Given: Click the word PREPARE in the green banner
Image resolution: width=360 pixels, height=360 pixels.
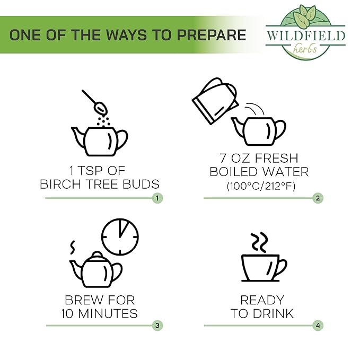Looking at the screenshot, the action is [x=211, y=35].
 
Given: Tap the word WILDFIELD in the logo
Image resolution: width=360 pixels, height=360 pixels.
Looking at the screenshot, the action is [x=306, y=36].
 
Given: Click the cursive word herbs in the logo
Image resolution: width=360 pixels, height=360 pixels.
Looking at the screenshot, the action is [x=305, y=48].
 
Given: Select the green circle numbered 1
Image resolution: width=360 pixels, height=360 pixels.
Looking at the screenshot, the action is [x=157, y=198].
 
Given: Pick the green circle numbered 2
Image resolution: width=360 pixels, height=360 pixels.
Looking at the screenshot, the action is [x=318, y=198].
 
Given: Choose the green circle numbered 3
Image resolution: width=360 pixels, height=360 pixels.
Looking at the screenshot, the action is [x=157, y=326].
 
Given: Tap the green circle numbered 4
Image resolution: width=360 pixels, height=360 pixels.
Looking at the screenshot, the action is [x=318, y=326].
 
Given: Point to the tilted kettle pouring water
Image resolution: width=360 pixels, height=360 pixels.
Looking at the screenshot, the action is [x=215, y=101].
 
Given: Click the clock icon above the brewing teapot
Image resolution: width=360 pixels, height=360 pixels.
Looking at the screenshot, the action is [x=120, y=237].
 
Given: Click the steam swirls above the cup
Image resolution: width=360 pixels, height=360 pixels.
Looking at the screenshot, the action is [x=259, y=242].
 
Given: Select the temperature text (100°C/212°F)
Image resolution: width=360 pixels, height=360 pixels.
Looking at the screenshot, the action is [x=261, y=186].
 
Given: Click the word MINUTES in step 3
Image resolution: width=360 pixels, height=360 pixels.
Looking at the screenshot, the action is [x=108, y=313].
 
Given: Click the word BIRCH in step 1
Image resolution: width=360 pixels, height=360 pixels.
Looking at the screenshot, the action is [x=60, y=184].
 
